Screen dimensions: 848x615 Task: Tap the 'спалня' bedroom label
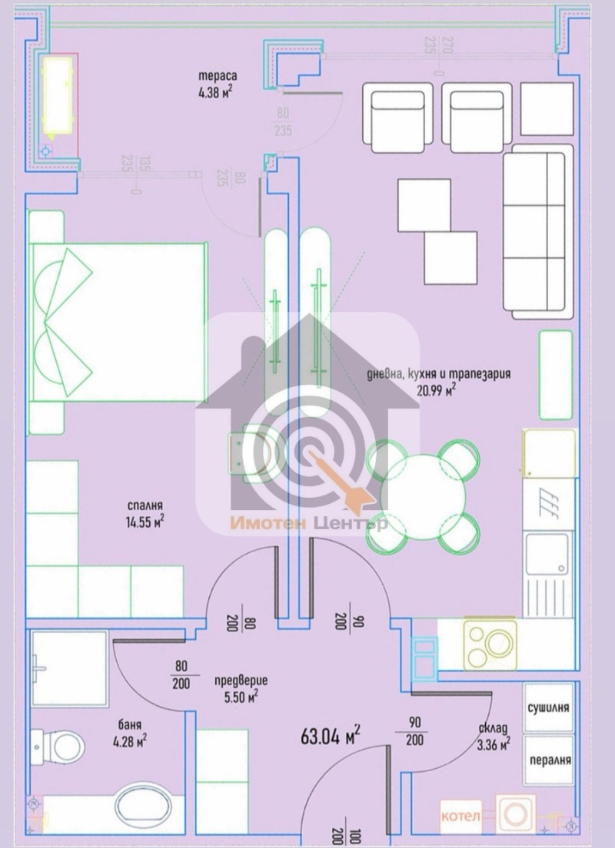pyautogui.click(x=145, y=505)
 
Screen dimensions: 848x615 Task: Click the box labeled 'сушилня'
pyautogui.click(x=548, y=707)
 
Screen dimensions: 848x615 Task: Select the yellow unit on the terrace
pyautogui.click(x=59, y=93)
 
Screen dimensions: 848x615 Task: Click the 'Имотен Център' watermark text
pyautogui.click(x=308, y=524)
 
